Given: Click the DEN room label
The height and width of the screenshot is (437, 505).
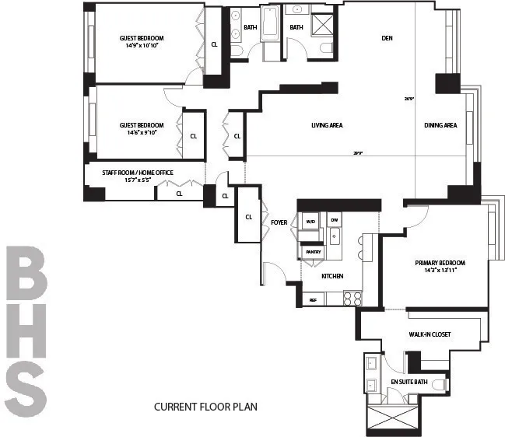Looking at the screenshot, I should (x=387, y=37).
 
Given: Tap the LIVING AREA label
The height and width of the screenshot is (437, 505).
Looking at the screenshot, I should (x=327, y=125).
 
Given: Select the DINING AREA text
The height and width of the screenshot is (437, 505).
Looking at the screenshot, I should (x=440, y=125).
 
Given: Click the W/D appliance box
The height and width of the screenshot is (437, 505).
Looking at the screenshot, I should (x=310, y=221).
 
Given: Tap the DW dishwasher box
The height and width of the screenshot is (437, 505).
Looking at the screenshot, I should (x=334, y=221).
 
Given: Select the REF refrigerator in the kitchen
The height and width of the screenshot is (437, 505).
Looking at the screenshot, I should (x=313, y=299).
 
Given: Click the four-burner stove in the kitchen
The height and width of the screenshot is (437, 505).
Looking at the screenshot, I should (x=352, y=297).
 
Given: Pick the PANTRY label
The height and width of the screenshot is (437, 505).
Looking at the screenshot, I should (x=313, y=252).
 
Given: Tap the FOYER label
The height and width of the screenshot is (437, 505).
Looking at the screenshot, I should (x=279, y=223).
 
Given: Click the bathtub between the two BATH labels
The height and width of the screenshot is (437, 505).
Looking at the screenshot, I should (x=270, y=23).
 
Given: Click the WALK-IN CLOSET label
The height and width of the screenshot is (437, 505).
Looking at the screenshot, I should (x=430, y=334).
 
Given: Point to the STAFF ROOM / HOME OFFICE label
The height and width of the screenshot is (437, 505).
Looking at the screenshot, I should (x=138, y=173).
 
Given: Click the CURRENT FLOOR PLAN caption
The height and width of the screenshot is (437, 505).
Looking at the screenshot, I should (x=205, y=407).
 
